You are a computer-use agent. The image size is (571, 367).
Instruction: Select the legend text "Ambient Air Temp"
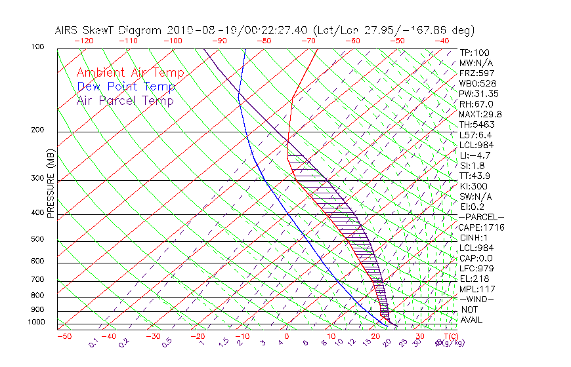[x=130, y=73]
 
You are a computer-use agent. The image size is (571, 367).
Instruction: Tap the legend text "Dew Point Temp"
[x=125, y=87]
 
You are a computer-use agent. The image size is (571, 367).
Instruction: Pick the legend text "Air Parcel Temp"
[x=125, y=101]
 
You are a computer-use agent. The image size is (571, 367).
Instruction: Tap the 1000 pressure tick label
[x=37, y=322]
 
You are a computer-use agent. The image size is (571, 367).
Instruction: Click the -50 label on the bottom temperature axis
[x=64, y=336]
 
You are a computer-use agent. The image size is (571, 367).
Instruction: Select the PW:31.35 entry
[x=476, y=94]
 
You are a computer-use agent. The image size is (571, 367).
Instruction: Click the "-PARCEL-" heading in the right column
[x=481, y=217]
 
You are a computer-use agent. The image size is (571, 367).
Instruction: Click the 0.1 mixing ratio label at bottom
[x=93, y=343]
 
